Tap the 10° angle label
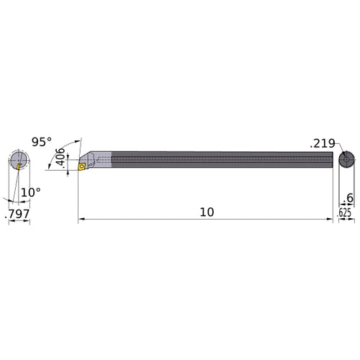[30, 192]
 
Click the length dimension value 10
[206, 212]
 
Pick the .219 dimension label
[322, 144]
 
